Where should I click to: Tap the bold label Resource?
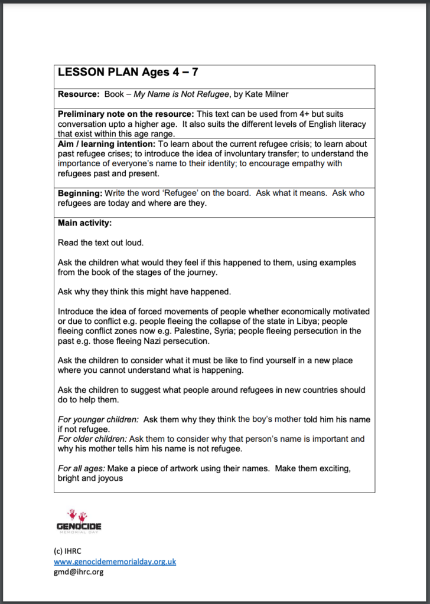pos(79,94)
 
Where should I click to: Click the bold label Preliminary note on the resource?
pos(125,114)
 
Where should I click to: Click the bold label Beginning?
pos(79,193)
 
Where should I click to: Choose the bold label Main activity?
pos(84,223)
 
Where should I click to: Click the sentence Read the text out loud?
pos(100,242)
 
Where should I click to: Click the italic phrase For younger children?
pos(97,419)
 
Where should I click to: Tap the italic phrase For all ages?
pos(80,468)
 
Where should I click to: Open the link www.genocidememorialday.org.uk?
pos(115,562)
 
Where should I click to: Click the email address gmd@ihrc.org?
pos(79,572)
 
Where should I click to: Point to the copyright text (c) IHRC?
pos(68,551)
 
